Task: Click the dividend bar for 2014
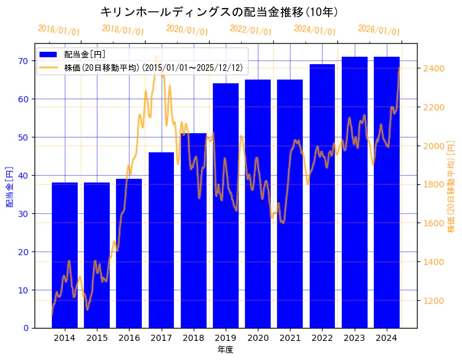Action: click(x=65, y=255)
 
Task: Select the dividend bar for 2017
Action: click(x=161, y=240)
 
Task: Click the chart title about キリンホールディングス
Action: click(x=219, y=12)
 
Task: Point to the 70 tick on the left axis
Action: click(x=23, y=60)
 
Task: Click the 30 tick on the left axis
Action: click(x=23, y=213)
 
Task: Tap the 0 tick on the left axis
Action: click(x=26, y=328)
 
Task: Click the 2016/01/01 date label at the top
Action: click(x=59, y=30)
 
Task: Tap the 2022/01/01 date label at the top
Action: click(x=250, y=30)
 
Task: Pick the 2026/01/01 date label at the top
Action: click(x=379, y=30)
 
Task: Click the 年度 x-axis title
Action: click(x=225, y=350)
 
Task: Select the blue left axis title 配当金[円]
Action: click(x=10, y=186)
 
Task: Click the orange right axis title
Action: click(x=451, y=186)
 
